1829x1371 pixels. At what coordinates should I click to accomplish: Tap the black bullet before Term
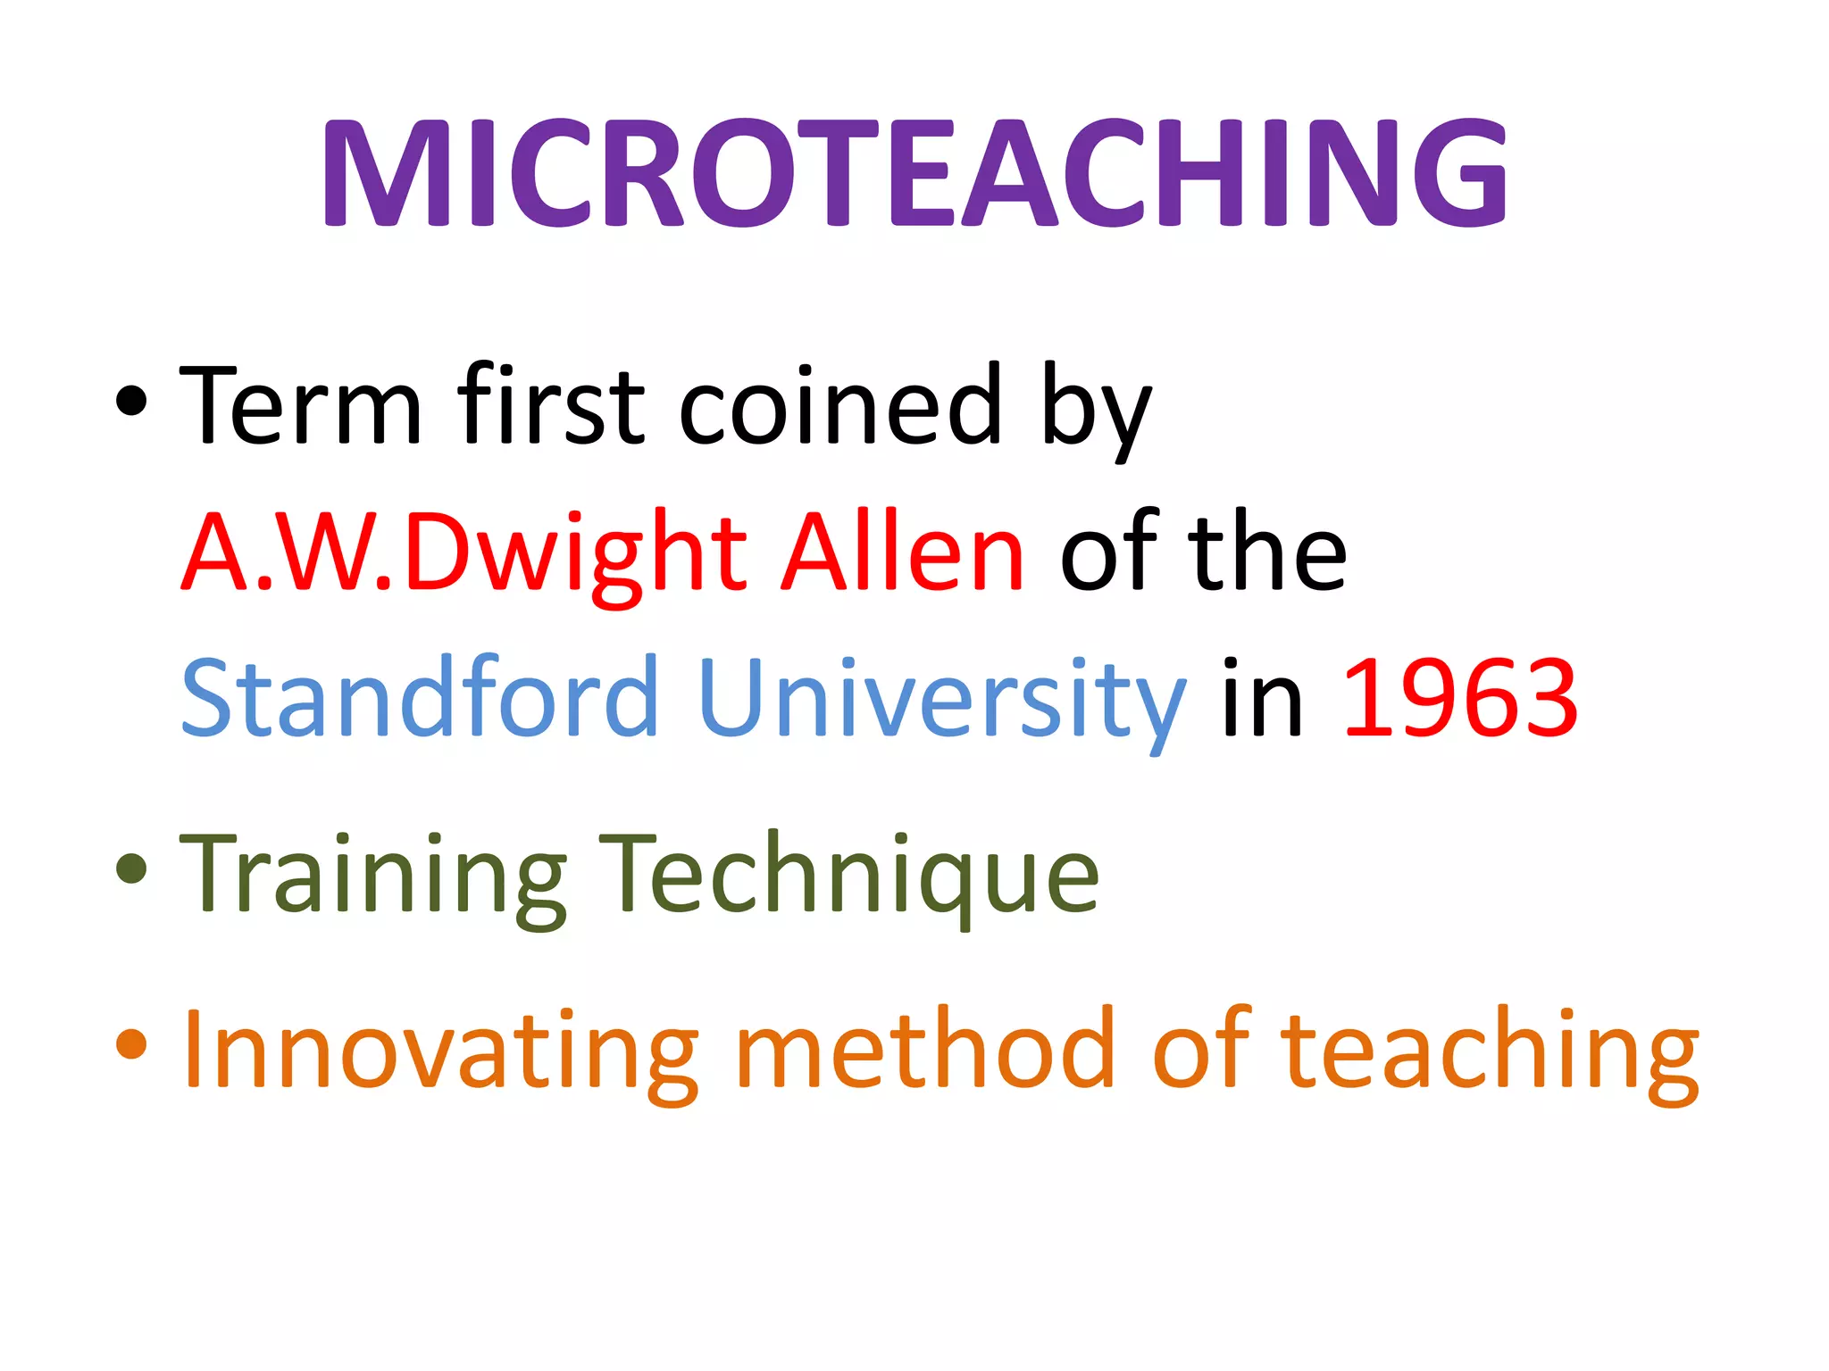coord(131,401)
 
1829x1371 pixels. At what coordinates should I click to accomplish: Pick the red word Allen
coord(903,553)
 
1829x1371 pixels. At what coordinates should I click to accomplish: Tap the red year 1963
coord(1460,698)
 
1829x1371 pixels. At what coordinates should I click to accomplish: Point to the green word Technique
coord(848,875)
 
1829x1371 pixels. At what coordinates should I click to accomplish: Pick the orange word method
coord(925,1048)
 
